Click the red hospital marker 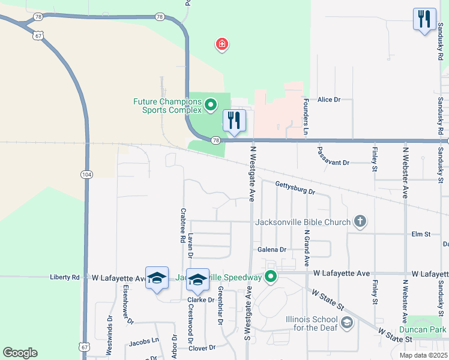(x=222, y=44)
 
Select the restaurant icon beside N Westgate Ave (x=234, y=121)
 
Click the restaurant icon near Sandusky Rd (x=424, y=19)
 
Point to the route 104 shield (x=86, y=173)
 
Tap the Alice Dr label (x=329, y=100)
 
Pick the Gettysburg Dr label (x=295, y=187)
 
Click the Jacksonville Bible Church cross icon (x=360, y=222)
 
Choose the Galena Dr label (x=272, y=249)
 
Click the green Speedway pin (x=271, y=277)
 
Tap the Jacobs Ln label (x=143, y=342)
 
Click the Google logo (x=20, y=353)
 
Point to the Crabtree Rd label (x=182, y=226)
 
